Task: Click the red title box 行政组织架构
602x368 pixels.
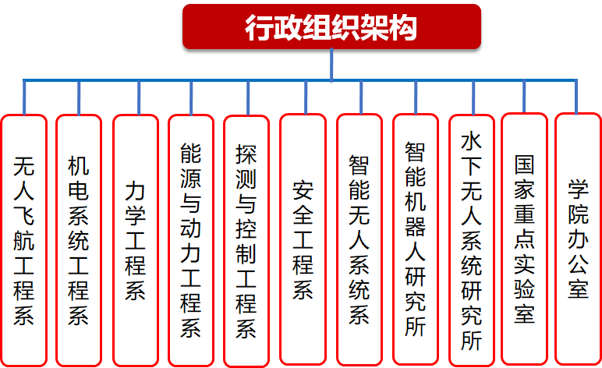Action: click(331, 27)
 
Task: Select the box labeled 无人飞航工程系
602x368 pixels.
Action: click(24, 241)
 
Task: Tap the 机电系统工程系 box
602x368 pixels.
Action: click(79, 241)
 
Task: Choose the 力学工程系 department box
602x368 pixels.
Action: click(136, 241)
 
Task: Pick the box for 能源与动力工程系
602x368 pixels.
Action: click(191, 241)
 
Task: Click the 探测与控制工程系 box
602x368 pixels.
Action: click(246, 242)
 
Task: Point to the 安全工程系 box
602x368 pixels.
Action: click(303, 239)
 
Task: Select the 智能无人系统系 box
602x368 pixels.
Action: click(359, 240)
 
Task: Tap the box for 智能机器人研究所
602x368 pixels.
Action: click(416, 239)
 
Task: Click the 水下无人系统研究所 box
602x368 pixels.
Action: click(472, 240)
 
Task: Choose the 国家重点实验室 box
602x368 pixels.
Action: click(524, 239)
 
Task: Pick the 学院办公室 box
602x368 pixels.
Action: click(578, 239)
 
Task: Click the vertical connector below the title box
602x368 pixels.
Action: click(331, 65)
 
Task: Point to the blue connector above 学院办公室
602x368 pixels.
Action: click(576, 97)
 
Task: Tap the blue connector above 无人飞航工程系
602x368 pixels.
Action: click(24, 97)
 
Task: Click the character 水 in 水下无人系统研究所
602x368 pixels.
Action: click(471, 141)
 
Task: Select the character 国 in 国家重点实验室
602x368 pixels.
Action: click(524, 165)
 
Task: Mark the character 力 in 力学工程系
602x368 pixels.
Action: click(135, 190)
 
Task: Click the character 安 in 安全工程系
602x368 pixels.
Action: click(303, 190)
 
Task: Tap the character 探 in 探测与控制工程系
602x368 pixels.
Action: click(246, 154)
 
